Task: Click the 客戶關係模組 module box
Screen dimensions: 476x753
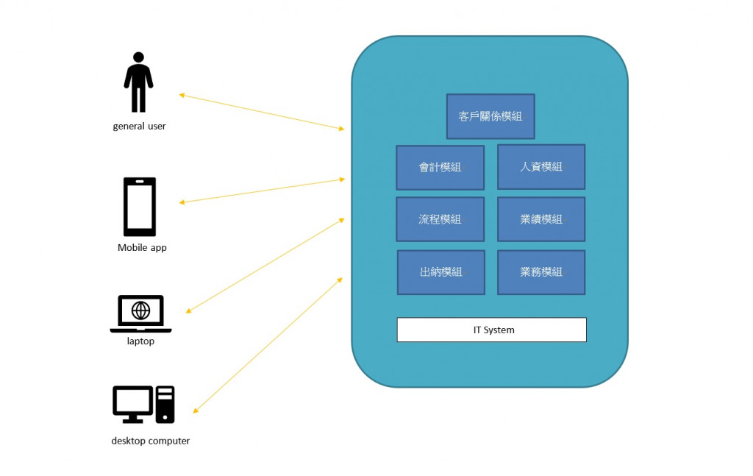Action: click(490, 116)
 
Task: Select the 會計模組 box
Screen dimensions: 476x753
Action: click(440, 167)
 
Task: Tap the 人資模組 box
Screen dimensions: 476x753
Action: click(541, 167)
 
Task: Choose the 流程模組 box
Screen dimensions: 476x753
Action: click(440, 219)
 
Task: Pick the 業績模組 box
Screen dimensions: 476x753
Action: click(541, 219)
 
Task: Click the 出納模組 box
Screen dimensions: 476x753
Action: click(441, 272)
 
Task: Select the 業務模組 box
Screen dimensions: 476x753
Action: click(541, 272)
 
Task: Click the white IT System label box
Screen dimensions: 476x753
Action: click(492, 330)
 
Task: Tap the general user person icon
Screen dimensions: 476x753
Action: click(138, 82)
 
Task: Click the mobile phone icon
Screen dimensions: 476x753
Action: click(140, 207)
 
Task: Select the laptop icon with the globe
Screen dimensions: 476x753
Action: click(140, 314)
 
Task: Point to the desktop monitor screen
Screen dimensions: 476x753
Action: click(132, 402)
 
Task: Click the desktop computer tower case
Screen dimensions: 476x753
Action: click(165, 405)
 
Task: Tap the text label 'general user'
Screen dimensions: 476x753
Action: click(139, 126)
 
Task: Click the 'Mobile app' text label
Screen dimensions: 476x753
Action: click(142, 248)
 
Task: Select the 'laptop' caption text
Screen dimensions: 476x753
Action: click(140, 341)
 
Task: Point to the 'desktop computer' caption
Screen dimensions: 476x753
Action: click(151, 441)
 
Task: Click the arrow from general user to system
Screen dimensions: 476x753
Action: click(261, 112)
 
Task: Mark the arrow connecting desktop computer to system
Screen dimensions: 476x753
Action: click(268, 344)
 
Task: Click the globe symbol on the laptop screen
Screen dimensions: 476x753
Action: click(140, 310)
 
